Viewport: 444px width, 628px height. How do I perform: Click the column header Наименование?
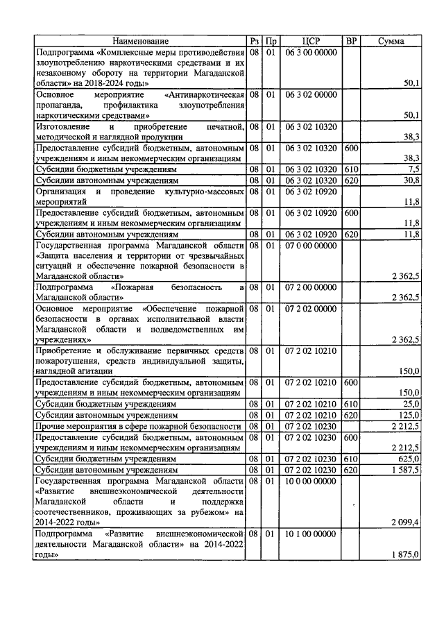[x=141, y=42]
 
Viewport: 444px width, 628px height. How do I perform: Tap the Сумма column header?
[x=391, y=42]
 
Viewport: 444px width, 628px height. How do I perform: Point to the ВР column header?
[x=352, y=42]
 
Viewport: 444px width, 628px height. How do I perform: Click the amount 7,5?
[x=413, y=169]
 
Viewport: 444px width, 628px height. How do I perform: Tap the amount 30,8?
[x=412, y=180]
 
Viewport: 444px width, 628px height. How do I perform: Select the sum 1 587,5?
[x=406, y=470]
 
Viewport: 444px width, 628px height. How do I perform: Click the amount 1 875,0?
[x=406, y=572]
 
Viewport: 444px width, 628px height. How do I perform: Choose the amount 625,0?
[x=409, y=459]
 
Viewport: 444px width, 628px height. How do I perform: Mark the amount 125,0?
[x=409, y=415]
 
